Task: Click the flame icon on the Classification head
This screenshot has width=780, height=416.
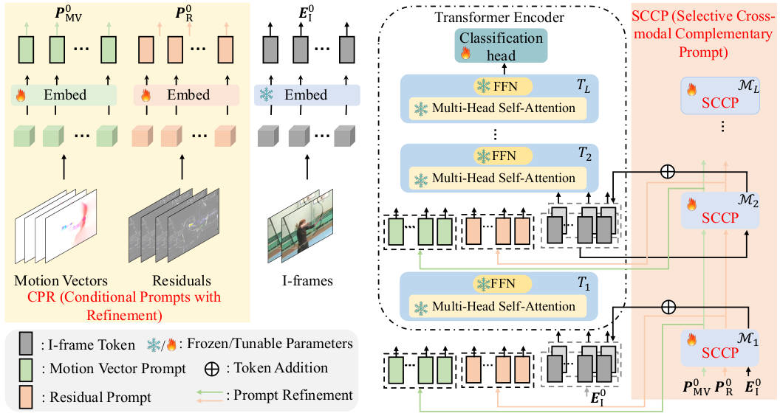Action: click(x=465, y=54)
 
